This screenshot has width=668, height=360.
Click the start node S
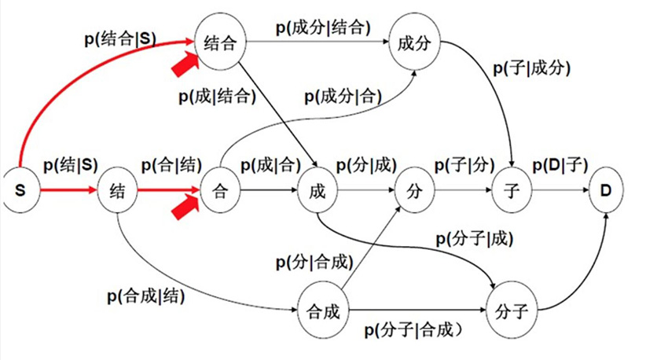(20, 190)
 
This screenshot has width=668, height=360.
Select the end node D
(606, 190)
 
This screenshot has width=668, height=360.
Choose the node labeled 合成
(321, 311)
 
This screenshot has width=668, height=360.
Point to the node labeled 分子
(512, 311)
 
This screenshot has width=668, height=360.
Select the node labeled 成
(318, 190)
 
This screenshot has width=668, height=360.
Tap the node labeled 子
(512, 190)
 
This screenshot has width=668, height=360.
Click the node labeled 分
(415, 190)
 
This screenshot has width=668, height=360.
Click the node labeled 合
(221, 190)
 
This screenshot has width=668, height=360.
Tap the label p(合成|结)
(145, 296)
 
